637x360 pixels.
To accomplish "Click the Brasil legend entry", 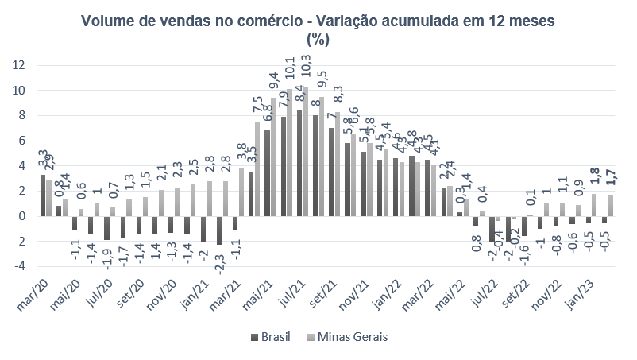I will click(x=272, y=337).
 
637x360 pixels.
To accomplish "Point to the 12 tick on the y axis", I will click(x=18, y=65).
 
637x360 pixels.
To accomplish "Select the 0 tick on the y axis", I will click(x=22, y=216).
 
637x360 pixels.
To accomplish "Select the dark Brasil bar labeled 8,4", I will click(x=299, y=163).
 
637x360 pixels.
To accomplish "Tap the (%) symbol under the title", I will click(x=318, y=40).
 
